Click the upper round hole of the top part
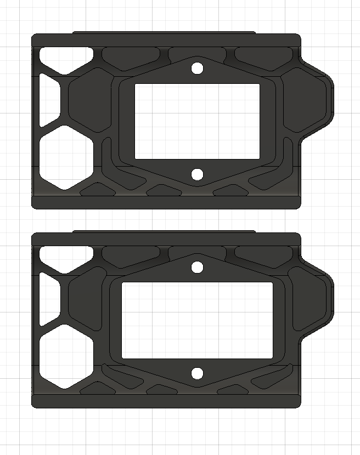tap(197, 69)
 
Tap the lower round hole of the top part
tap(198, 174)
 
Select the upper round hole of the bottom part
tap(197, 268)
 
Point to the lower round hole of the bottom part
tap(197, 373)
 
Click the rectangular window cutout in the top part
tap(197, 121)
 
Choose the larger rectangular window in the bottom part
tap(197, 320)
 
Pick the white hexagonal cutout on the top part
tap(65, 157)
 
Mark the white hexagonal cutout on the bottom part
tap(65, 356)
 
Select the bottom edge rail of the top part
tap(166, 202)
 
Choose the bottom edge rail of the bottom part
tap(166, 401)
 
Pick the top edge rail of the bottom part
tap(166, 240)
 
